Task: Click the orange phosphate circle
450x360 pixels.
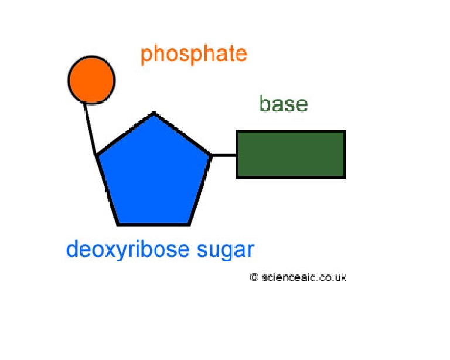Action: pos(91,80)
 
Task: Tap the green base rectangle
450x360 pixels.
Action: pos(291,154)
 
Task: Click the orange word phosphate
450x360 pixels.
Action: pos(193,55)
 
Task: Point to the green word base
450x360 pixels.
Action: pos(283,104)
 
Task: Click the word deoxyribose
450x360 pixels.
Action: pos(128,250)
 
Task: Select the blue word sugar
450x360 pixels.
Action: pos(225,250)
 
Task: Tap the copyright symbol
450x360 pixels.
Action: pos(254,277)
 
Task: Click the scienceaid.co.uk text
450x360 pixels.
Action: pos(304,277)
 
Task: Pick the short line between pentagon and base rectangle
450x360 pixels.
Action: pos(223,155)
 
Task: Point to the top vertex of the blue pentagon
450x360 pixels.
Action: pos(154,113)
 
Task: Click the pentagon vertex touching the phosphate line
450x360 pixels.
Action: pos(97,155)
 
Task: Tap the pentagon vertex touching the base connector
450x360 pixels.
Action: pos(210,155)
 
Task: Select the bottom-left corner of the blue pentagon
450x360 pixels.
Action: pos(119,225)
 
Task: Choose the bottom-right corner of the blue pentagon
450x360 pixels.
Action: pos(189,225)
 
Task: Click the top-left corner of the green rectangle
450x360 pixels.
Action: pos(237,131)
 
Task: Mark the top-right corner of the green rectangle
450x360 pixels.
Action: pos(345,131)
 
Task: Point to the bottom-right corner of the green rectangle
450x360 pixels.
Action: pos(345,177)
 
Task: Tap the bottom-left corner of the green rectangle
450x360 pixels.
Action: pos(237,177)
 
